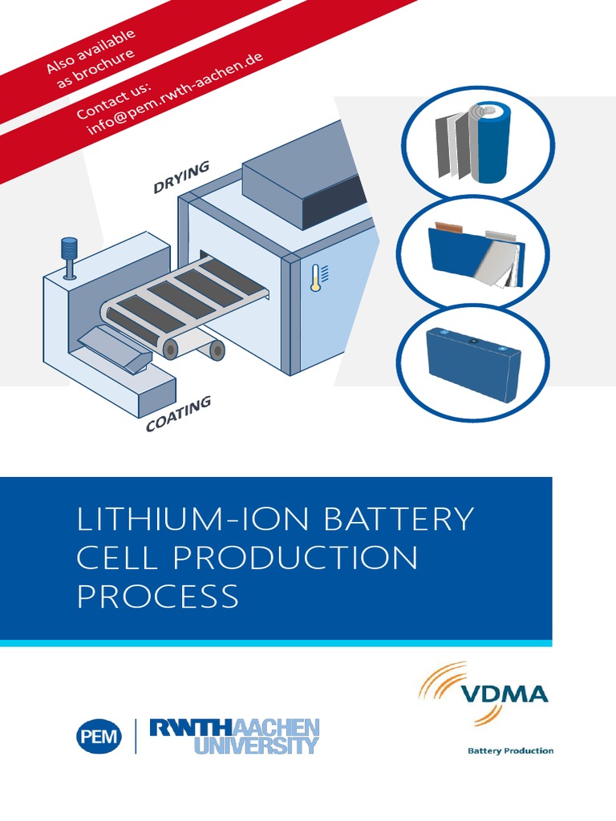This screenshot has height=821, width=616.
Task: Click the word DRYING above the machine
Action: (181, 177)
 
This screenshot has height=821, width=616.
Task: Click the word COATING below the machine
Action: (178, 414)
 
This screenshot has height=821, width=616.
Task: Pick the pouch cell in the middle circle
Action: (477, 254)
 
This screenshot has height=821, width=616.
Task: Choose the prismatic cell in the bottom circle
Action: (473, 362)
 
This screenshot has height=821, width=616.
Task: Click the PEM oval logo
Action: (99, 735)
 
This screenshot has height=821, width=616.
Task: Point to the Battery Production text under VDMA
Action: (510, 750)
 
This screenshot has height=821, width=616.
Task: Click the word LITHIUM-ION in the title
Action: (192, 520)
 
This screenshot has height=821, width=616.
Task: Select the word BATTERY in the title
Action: (399, 520)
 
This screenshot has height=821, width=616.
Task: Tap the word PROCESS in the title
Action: (157, 597)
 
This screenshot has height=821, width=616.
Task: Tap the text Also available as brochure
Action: (90, 55)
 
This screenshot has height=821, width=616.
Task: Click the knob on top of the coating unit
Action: (69, 248)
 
